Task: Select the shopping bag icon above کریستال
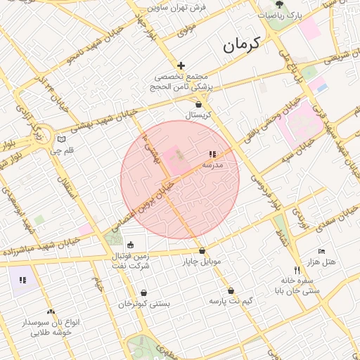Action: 198,104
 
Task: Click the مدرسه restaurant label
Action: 212,164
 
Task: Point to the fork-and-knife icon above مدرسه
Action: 212,154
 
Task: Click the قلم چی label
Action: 61,150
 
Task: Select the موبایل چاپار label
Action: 202,262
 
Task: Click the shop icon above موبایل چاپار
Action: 202,251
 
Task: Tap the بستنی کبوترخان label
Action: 144,304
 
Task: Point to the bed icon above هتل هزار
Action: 321,251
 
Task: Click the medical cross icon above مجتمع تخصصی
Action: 181,65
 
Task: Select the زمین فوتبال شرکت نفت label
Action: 130,262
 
